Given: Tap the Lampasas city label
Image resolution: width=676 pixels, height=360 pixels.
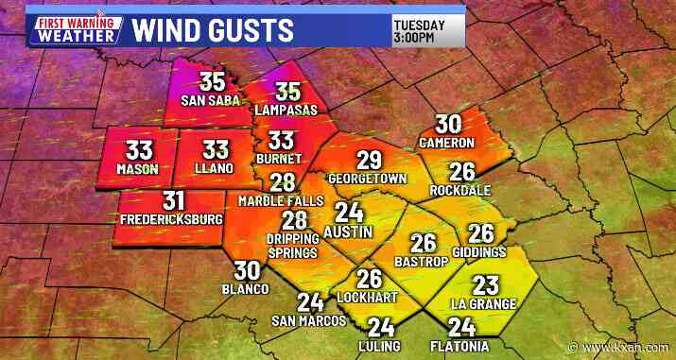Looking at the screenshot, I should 286,110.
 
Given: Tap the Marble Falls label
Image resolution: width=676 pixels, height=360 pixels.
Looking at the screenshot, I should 283,201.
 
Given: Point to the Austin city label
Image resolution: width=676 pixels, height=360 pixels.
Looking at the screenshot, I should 348,231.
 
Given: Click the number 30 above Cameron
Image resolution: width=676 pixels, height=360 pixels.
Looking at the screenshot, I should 448,124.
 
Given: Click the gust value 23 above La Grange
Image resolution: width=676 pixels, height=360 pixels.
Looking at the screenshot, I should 485,285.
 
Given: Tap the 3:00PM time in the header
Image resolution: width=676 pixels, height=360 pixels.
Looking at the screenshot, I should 415,38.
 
